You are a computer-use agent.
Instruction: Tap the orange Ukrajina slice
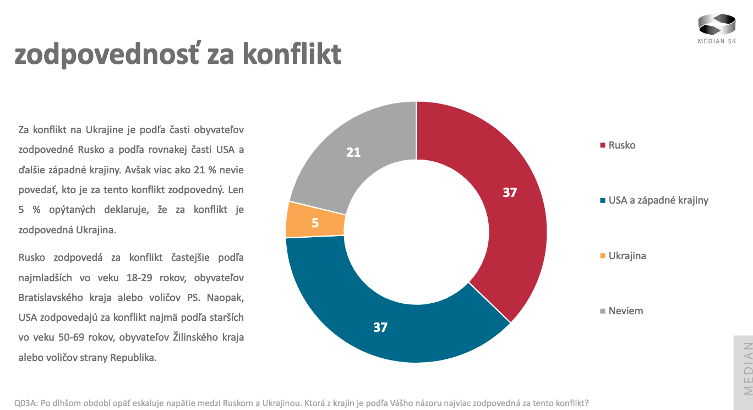pos(315,220)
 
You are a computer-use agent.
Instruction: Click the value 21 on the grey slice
pos(353,152)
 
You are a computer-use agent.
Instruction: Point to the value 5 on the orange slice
pos(315,223)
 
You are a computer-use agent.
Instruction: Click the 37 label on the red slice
pos(510,193)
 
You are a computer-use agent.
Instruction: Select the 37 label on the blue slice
pos(380,327)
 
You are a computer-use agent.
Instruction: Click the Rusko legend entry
pos(622,145)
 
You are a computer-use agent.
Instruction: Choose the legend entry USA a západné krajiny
pos(658,200)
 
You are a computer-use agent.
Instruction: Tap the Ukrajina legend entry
pos(627,256)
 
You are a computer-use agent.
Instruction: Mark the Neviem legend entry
pos(626,311)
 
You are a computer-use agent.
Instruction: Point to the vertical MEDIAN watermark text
pos(747,368)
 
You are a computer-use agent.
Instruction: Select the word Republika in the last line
pos(134,357)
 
